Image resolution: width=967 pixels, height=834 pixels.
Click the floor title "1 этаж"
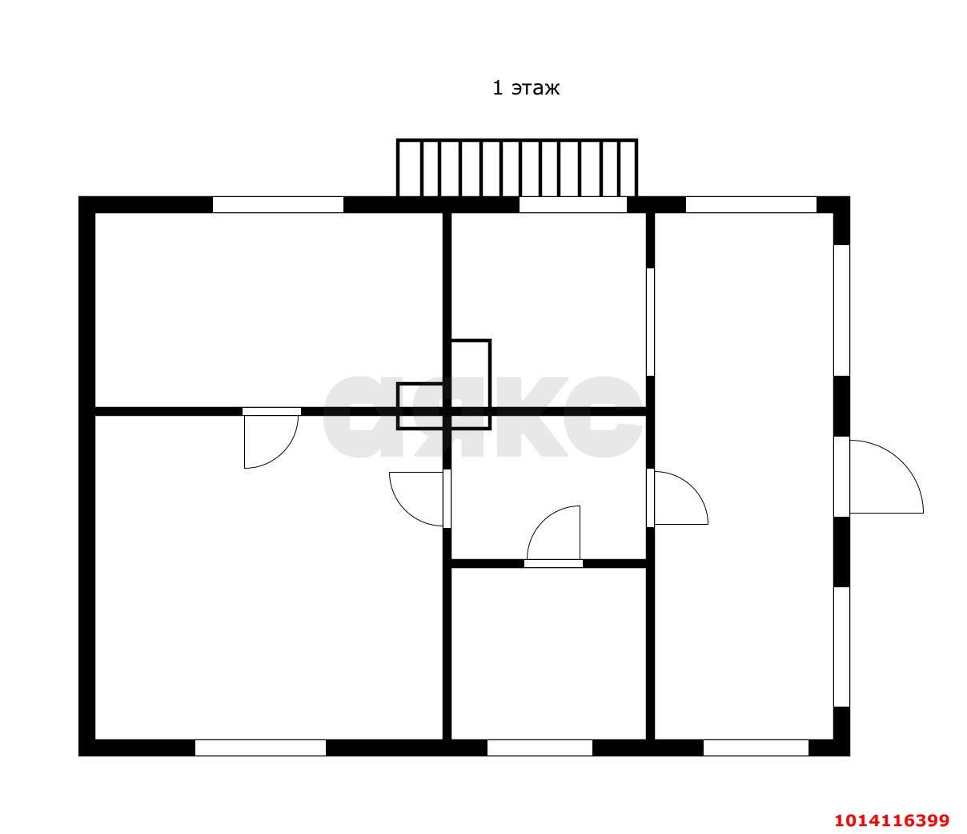point(525,88)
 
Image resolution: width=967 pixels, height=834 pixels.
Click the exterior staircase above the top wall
point(516,168)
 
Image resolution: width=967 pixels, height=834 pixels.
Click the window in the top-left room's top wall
point(278,204)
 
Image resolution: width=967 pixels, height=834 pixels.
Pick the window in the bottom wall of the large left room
point(260,747)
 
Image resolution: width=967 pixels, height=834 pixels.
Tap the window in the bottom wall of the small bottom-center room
point(540,747)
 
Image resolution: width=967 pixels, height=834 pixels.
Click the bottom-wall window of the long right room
point(756,747)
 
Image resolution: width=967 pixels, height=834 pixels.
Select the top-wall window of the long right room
point(751,204)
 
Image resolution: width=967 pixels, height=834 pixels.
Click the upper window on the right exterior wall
point(841,311)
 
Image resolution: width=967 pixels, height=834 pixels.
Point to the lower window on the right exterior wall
point(841,647)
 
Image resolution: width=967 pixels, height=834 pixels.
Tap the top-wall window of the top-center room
point(572,204)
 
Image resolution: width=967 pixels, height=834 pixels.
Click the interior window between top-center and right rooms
point(650,322)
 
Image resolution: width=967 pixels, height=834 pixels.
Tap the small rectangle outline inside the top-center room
point(470,384)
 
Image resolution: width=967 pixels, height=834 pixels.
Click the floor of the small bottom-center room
point(548,654)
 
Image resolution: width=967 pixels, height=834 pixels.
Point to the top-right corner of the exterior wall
point(849,196)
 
